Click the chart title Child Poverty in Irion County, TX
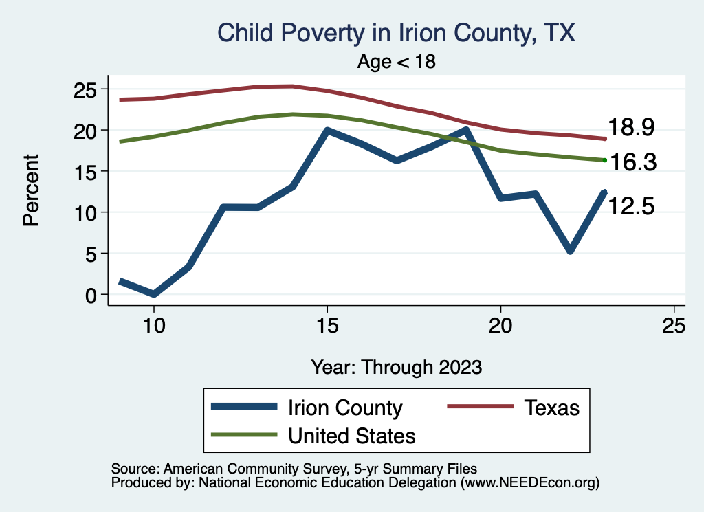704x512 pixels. [x=395, y=32]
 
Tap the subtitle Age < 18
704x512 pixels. [x=396, y=61]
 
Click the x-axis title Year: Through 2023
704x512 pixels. [x=396, y=367]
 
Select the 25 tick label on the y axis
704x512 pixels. [x=87, y=89]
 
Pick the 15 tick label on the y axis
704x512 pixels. [x=87, y=171]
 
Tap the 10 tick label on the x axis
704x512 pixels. [x=154, y=326]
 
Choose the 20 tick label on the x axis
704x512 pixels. [x=500, y=326]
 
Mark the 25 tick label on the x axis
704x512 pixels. [x=674, y=326]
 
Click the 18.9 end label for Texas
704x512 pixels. [x=630, y=128]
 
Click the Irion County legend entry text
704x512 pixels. [x=345, y=408]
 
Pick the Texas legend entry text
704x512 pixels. [x=552, y=408]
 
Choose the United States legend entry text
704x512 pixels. [x=352, y=435]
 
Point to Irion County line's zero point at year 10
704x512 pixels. [x=154, y=294]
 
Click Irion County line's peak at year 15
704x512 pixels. [x=327, y=130]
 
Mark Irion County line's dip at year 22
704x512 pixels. [x=570, y=251]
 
